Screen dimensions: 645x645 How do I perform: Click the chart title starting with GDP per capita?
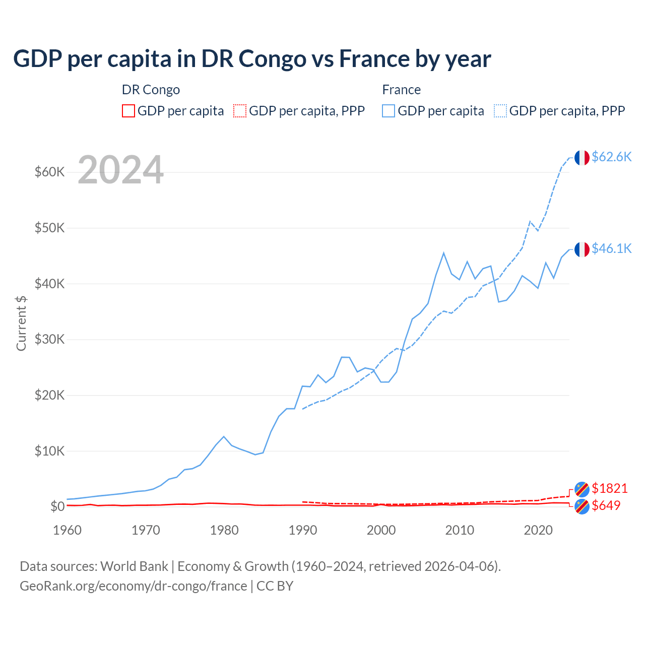click(252, 58)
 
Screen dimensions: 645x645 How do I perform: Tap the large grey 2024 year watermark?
click(120, 170)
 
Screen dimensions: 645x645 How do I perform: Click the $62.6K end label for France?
click(611, 157)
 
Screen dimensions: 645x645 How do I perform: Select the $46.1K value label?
click(611, 248)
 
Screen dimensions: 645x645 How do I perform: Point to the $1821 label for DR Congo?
click(609, 488)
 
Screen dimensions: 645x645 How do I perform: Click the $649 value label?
click(606, 505)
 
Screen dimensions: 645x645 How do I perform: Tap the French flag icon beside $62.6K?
click(582, 158)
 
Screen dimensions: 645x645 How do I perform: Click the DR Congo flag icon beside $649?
click(582, 506)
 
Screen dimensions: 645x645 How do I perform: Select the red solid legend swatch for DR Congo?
click(128, 111)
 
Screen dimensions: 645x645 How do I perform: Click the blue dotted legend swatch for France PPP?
click(500, 111)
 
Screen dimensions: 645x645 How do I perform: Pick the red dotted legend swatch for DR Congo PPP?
click(240, 111)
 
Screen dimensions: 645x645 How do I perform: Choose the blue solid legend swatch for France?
click(389, 111)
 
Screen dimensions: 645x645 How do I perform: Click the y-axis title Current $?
click(21, 323)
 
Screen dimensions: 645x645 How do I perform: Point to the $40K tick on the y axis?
click(49, 284)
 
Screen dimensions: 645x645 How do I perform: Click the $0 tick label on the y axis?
click(57, 506)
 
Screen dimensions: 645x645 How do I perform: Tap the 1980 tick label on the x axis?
click(224, 530)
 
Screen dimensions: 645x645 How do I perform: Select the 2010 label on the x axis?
click(460, 530)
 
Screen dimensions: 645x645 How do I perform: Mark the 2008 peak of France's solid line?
click(443, 253)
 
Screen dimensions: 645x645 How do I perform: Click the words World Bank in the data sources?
click(134, 566)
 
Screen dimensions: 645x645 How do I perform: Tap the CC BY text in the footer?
click(275, 586)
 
